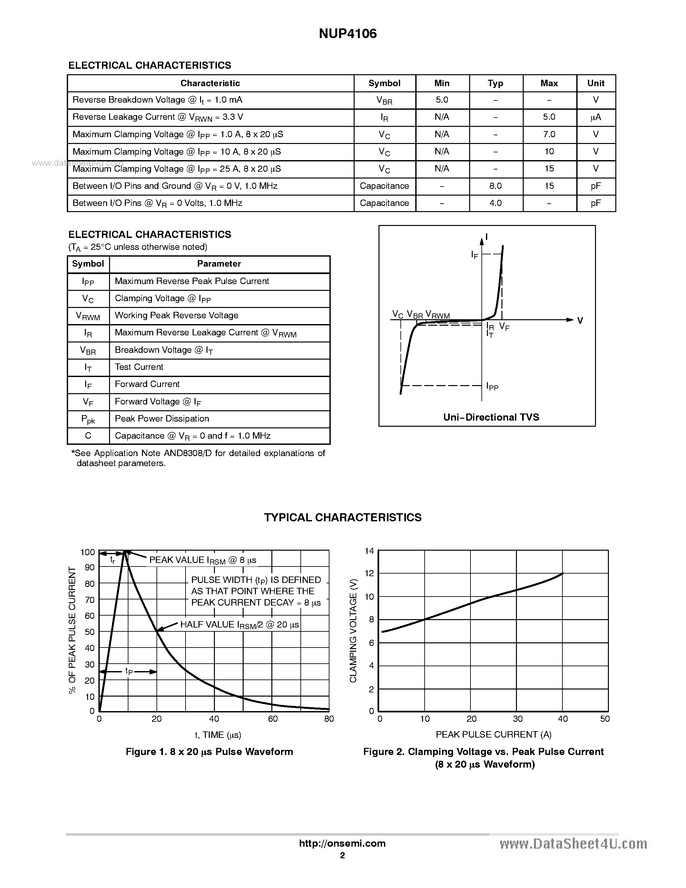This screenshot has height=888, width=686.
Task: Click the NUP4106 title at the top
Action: click(x=348, y=34)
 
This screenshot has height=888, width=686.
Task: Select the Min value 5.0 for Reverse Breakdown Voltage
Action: click(x=441, y=100)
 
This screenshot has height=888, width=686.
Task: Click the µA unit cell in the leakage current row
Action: click(x=595, y=117)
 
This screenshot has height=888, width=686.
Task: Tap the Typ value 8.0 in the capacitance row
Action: click(x=495, y=186)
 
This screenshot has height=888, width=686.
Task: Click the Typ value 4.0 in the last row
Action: click(x=495, y=203)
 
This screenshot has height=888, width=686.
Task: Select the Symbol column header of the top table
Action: click(x=384, y=83)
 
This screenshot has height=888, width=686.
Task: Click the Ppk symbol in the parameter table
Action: click(x=88, y=419)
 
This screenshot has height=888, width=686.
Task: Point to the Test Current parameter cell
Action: click(x=139, y=367)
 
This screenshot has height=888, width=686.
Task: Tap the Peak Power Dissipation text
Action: click(x=162, y=419)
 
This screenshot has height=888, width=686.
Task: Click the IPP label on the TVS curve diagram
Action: click(x=492, y=386)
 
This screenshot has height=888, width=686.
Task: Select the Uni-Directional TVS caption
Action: click(x=491, y=417)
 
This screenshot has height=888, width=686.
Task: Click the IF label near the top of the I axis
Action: click(x=474, y=255)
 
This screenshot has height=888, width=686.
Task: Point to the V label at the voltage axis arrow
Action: click(x=580, y=321)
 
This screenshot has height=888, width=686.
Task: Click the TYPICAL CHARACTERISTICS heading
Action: click(x=343, y=517)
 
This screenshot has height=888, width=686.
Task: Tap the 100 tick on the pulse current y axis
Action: click(x=87, y=552)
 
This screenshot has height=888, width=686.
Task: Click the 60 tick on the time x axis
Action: click(x=273, y=719)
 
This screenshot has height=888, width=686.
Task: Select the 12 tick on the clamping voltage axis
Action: click(x=369, y=573)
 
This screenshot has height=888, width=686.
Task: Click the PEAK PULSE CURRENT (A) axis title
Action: click(x=493, y=734)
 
